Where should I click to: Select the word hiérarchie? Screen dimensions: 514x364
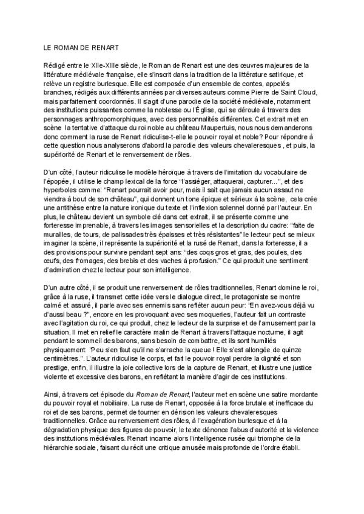(62, 453)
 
